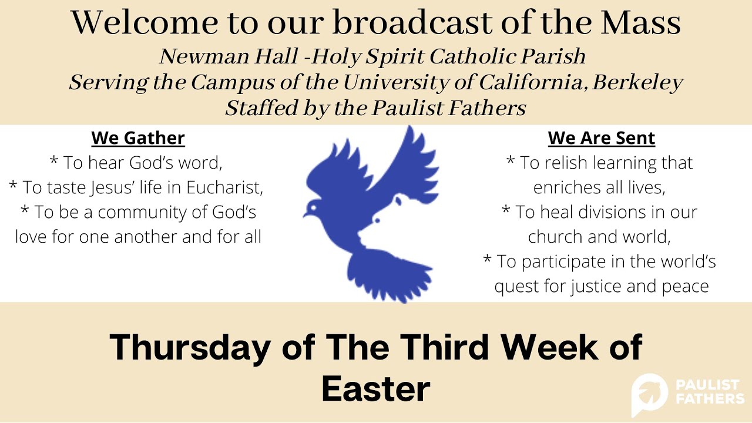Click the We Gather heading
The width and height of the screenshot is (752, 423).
pos(138,139)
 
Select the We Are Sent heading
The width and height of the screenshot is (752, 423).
pos(601,139)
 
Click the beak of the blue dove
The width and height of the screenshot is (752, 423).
pos(306,216)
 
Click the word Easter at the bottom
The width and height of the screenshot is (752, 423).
pos(376,389)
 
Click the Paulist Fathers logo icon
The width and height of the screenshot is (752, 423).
pos(649,394)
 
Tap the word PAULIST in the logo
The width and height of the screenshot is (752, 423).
pos(709,385)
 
